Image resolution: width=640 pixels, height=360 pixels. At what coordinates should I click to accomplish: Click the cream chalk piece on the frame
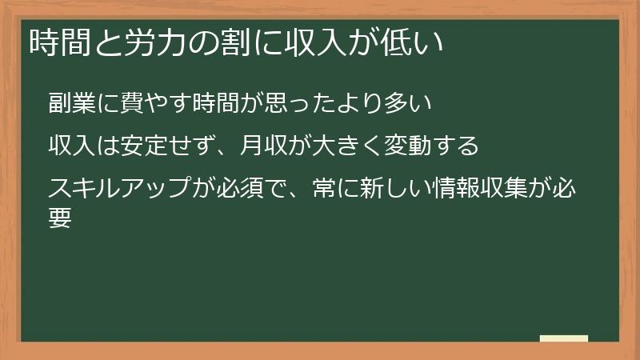(563, 339)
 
